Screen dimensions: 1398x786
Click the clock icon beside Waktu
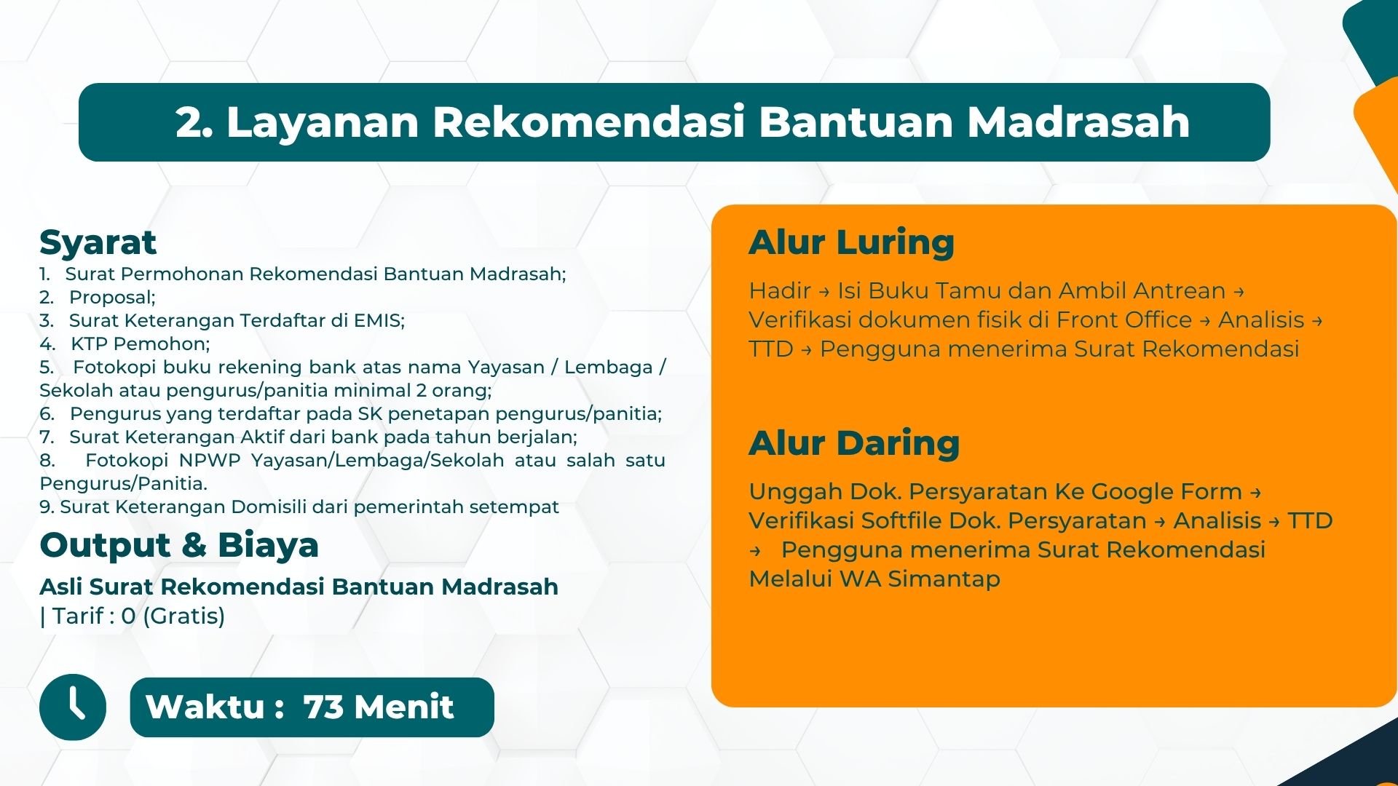(x=73, y=707)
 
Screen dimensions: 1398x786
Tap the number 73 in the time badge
(x=323, y=707)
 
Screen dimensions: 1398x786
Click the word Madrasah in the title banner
(x=1078, y=122)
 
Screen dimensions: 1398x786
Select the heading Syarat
(x=98, y=243)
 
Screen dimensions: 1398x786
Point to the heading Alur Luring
(x=851, y=242)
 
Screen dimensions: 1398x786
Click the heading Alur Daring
(x=854, y=443)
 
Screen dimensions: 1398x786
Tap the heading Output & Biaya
(x=179, y=545)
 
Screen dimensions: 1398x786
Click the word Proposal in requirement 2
(x=110, y=298)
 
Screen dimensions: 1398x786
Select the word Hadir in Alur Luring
(x=780, y=290)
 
